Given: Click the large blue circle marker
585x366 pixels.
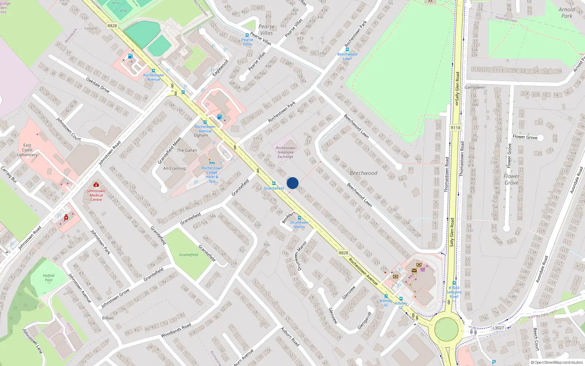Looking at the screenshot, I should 292,183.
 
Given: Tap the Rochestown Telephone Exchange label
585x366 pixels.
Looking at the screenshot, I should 285,152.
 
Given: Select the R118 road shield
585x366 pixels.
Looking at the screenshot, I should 455,128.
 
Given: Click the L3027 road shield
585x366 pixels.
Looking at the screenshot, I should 498,328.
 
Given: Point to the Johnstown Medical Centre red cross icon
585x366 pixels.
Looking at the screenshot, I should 96,184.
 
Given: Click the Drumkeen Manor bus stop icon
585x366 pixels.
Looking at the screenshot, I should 299,218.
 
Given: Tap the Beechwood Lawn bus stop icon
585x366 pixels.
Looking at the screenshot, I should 347,49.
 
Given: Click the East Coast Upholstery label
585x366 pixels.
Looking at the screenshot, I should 27,150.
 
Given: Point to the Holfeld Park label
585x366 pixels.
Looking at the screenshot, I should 48,278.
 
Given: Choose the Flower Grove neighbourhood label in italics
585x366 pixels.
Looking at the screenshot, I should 511,179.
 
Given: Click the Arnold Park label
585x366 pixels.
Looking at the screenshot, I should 567,13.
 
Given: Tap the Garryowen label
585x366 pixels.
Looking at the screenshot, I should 475,87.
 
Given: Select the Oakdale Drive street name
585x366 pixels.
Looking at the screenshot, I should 98,85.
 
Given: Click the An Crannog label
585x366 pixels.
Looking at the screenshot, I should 174,168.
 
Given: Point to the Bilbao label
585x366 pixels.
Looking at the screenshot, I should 107,318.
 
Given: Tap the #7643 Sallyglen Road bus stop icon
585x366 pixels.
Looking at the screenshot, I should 454,283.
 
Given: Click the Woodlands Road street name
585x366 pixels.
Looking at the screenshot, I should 176,330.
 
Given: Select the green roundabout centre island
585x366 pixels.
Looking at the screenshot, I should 446,329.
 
